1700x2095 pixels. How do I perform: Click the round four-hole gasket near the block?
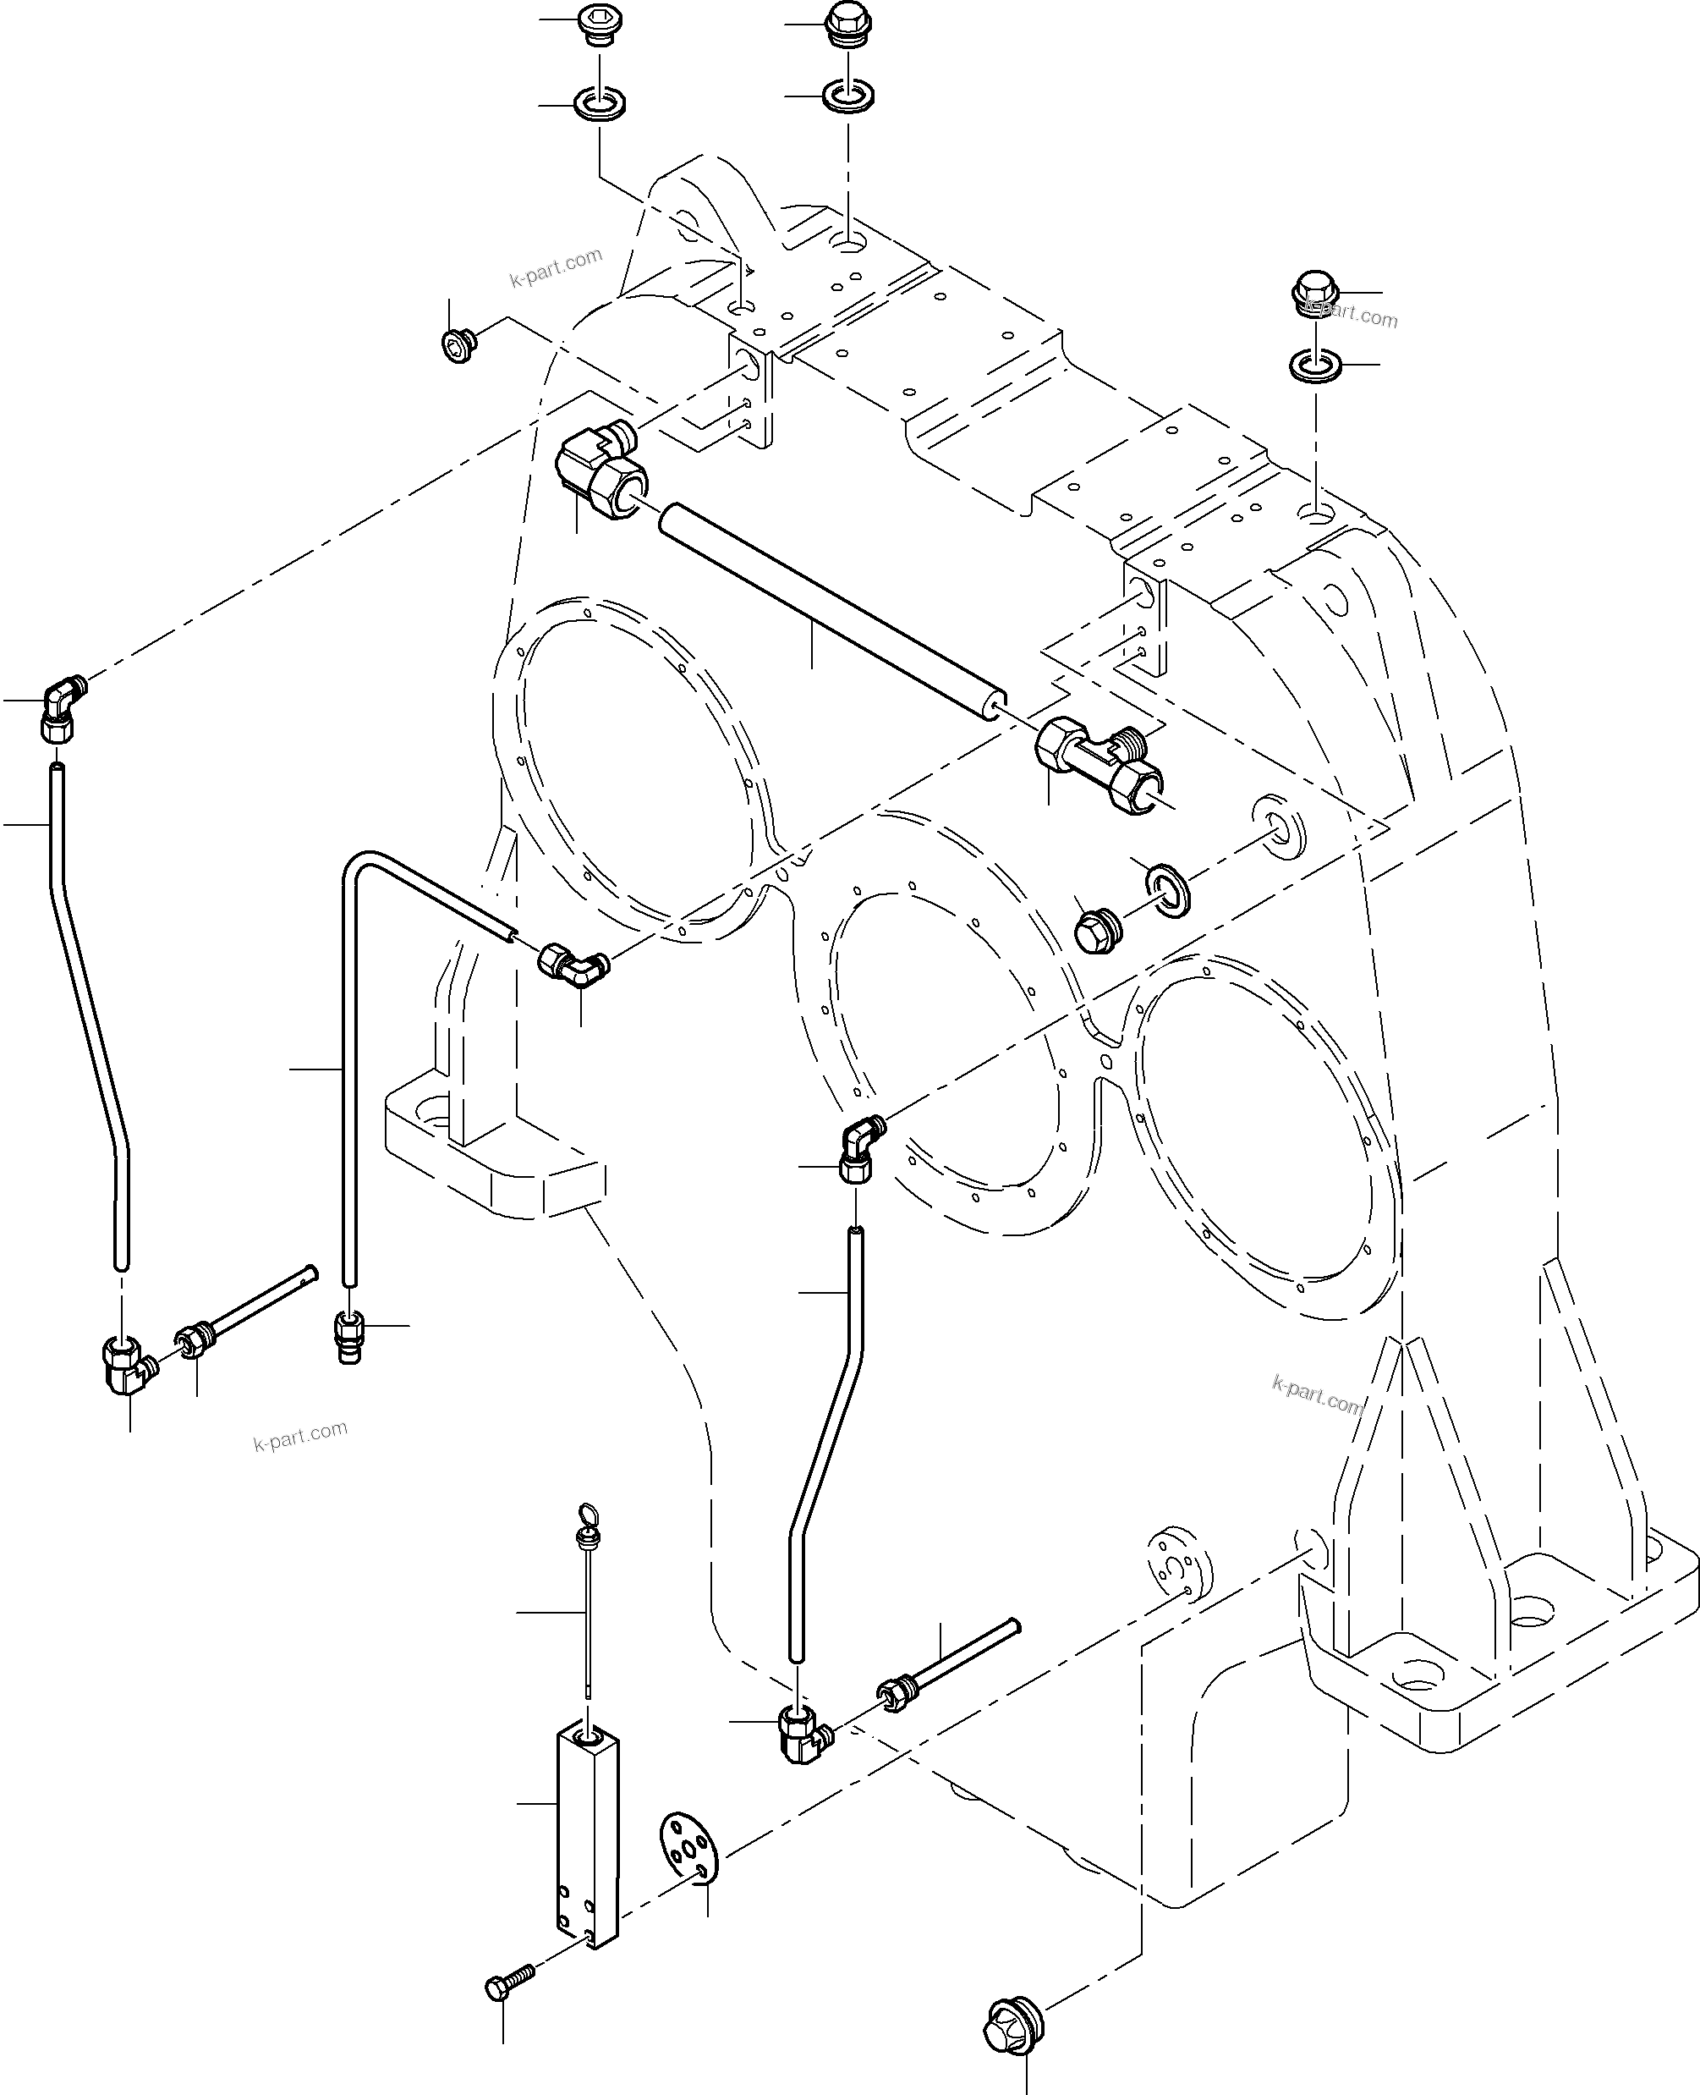tap(688, 1846)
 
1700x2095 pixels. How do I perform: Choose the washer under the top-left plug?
tap(598, 103)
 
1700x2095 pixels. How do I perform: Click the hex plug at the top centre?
tap(848, 25)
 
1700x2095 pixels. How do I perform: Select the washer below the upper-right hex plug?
tap(1315, 366)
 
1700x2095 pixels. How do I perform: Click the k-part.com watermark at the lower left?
tap(300, 1435)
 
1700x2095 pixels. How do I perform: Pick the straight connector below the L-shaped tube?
tap(349, 1337)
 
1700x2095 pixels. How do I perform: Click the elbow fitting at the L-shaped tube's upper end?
tap(572, 963)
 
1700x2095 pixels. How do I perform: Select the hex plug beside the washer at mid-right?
tap(1098, 931)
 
